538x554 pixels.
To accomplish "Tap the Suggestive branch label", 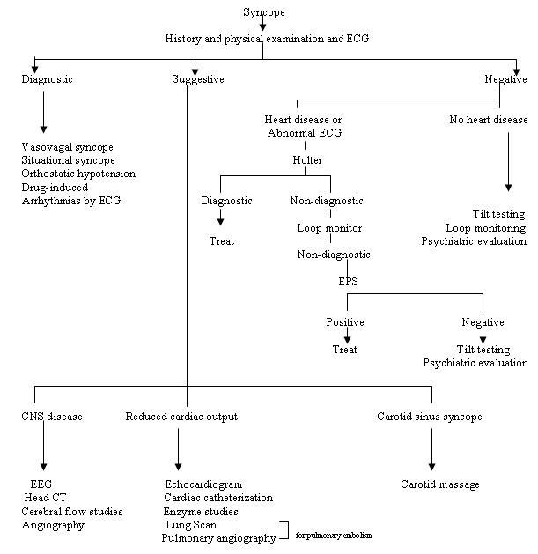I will point(198,79).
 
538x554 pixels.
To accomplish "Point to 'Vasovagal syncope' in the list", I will point(67,147).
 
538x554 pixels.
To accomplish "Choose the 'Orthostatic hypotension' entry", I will point(78,174).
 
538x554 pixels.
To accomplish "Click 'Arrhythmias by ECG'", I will point(70,200).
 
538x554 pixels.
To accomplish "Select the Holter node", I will point(308,160).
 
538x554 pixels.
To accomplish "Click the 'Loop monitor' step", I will point(328,228).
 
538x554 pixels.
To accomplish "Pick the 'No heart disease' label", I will point(489,120).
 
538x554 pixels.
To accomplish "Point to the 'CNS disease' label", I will point(52,417).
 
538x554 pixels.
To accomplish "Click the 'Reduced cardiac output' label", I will point(181,417).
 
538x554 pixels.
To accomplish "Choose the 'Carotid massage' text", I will point(440,484).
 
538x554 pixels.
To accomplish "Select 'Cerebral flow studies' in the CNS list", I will point(72,512).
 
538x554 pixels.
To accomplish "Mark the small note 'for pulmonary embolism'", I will point(334,535).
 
